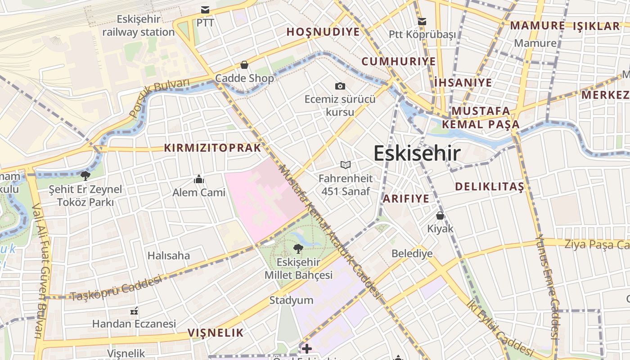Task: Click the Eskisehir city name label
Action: [x=417, y=153]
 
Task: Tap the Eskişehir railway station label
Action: [x=139, y=26]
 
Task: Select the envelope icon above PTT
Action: [x=205, y=10]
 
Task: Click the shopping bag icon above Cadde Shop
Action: [x=244, y=65]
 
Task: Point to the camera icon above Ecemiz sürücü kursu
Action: [x=340, y=86]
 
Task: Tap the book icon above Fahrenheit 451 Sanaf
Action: [x=345, y=165]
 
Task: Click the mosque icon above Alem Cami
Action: [x=199, y=180]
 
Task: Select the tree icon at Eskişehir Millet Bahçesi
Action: [x=298, y=248]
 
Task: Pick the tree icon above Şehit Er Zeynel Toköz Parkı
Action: [x=85, y=175]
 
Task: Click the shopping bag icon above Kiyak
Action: [x=440, y=216]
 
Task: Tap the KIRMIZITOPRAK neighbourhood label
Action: [x=212, y=148]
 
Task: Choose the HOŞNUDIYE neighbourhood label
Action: [x=323, y=32]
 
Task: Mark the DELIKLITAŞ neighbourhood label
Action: [x=490, y=186]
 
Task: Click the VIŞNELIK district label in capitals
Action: [x=216, y=333]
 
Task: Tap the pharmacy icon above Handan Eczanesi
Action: [x=134, y=311]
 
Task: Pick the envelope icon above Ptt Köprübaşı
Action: [x=422, y=21]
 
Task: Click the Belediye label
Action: [x=412, y=253]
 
